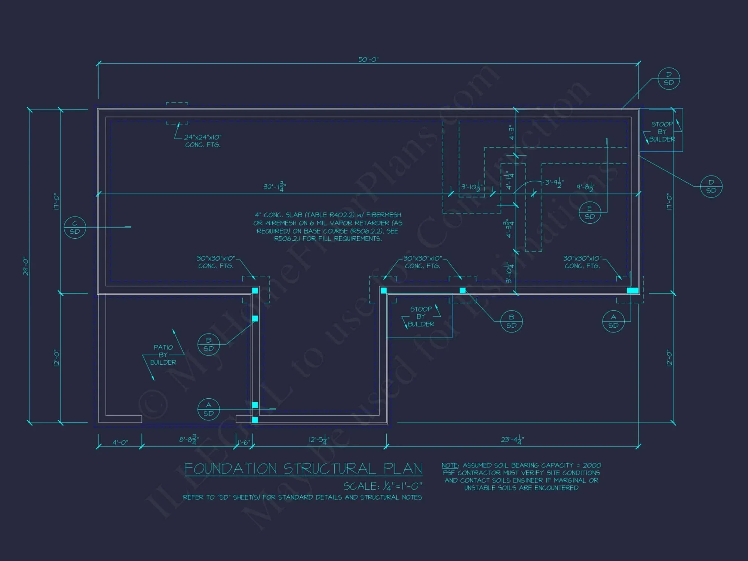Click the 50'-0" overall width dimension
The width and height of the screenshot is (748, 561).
click(x=368, y=59)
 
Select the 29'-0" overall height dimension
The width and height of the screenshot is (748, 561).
click(x=26, y=266)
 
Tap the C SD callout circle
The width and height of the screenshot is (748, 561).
click(x=75, y=227)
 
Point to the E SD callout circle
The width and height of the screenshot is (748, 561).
click(x=589, y=212)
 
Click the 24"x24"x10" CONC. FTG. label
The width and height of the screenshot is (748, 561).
click(x=203, y=141)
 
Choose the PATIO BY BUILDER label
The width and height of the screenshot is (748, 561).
click(x=163, y=355)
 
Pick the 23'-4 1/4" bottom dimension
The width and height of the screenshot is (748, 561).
click(x=512, y=439)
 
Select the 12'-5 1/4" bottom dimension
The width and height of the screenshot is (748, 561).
click(x=319, y=439)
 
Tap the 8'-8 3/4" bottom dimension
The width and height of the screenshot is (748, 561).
click(x=189, y=439)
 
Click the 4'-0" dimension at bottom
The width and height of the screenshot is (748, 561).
click(x=120, y=442)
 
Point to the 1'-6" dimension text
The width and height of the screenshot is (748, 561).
click(x=244, y=442)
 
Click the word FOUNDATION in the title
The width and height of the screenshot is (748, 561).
click(x=231, y=469)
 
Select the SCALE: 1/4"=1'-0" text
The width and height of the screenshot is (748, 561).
click(x=383, y=486)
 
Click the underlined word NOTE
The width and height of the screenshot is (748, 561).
click(x=450, y=466)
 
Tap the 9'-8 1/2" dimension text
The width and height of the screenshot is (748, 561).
click(x=586, y=187)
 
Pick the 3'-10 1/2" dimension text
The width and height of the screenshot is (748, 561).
click(x=471, y=187)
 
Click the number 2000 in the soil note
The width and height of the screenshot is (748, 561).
click(x=592, y=466)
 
